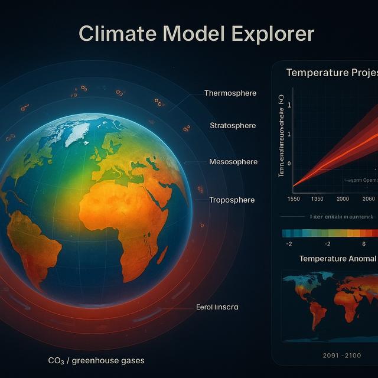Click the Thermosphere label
230,93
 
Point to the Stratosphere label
233,125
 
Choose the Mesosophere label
233,162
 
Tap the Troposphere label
232,200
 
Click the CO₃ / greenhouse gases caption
96,360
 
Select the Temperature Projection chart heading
331,73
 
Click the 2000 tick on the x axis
343,199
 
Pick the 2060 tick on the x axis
369,199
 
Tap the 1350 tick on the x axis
317,199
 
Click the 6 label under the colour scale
364,244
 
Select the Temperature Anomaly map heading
337,259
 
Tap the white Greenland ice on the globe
77,133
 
